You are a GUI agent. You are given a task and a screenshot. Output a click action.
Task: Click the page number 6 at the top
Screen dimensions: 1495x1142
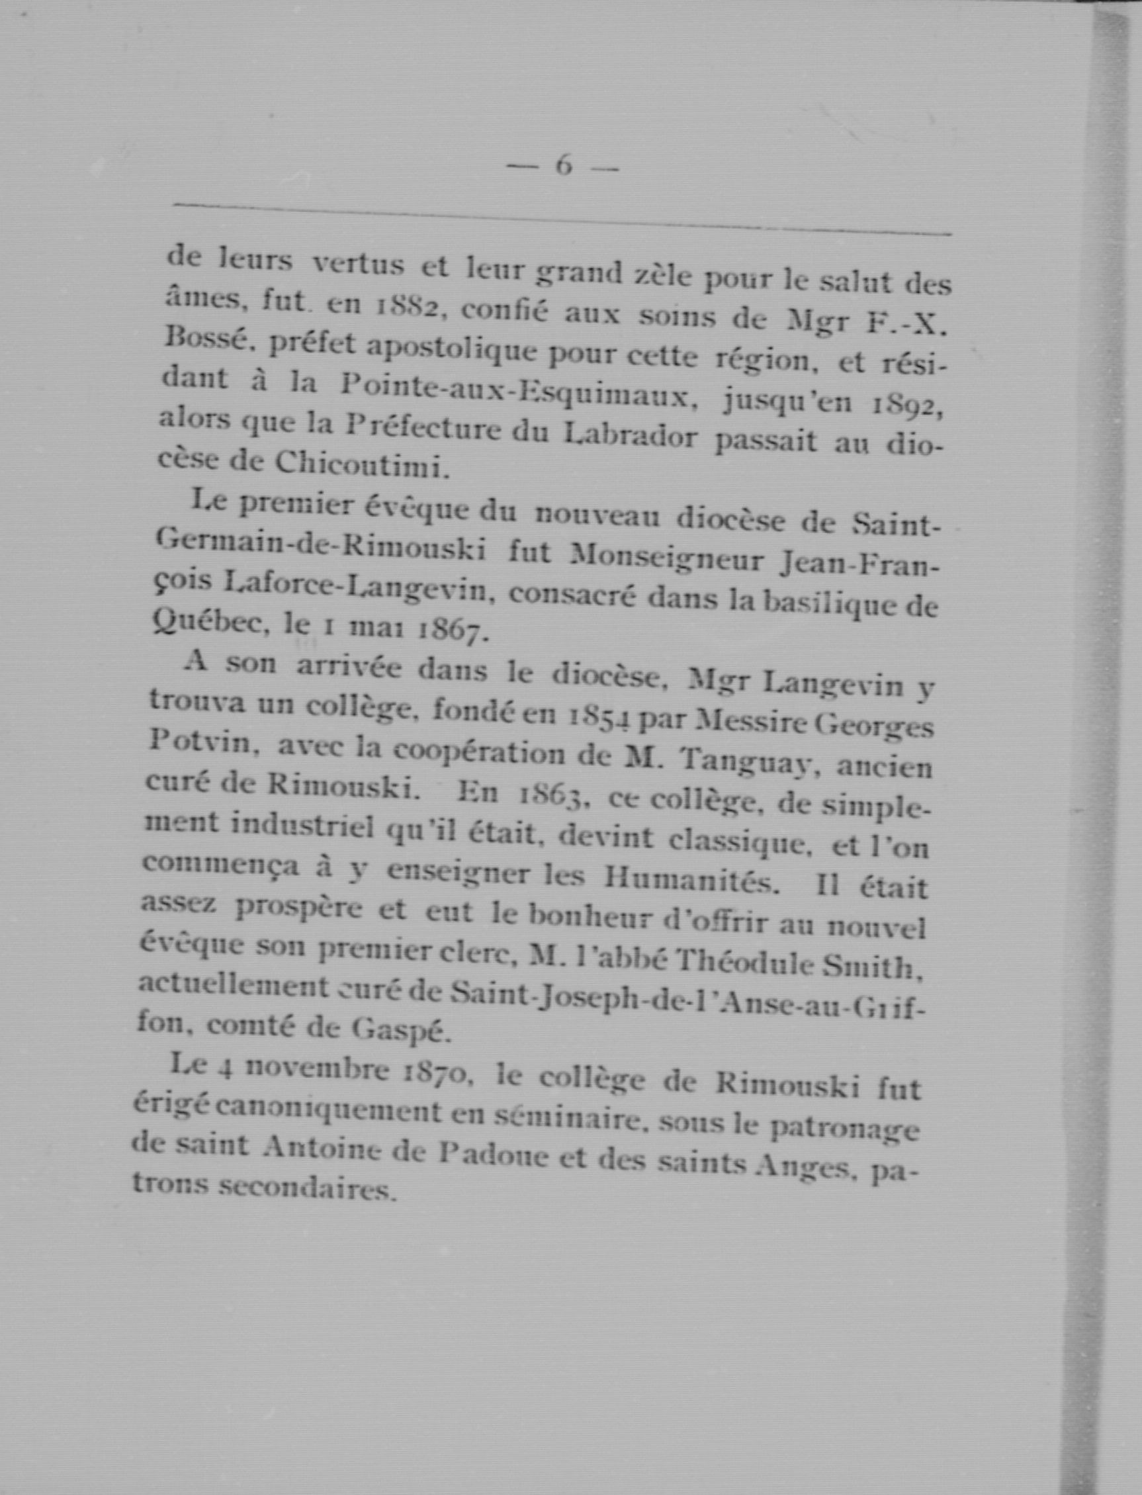coord(564,166)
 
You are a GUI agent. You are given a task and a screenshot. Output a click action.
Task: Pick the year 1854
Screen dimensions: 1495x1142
coord(600,716)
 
